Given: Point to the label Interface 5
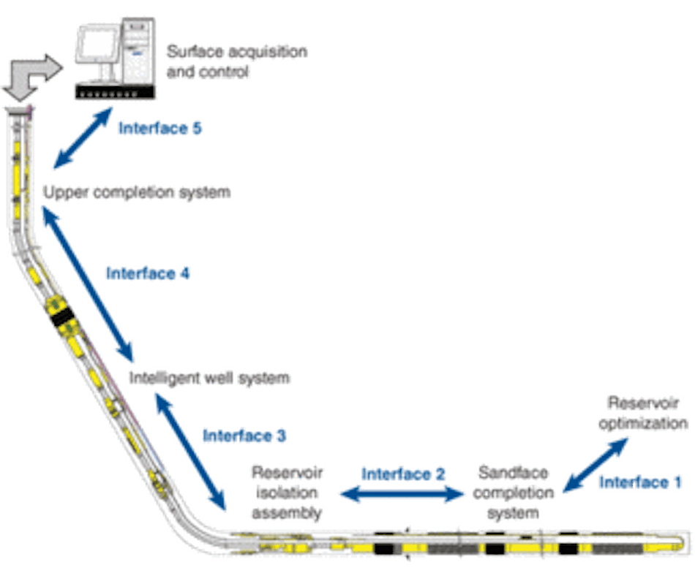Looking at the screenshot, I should click(160, 129).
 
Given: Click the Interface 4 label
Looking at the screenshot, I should click(149, 273).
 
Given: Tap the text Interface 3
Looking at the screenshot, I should click(244, 436).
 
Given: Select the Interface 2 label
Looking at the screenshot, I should click(405, 474).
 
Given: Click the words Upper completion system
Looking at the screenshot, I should click(138, 192).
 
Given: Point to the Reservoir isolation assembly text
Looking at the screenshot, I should click(288, 492).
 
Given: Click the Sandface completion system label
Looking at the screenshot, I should click(515, 492).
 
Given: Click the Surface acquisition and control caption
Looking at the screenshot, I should click(237, 62).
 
